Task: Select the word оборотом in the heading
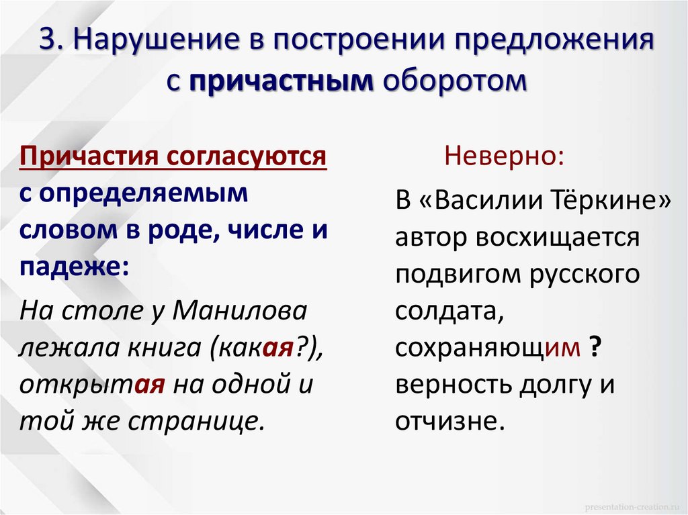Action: click(x=451, y=81)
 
